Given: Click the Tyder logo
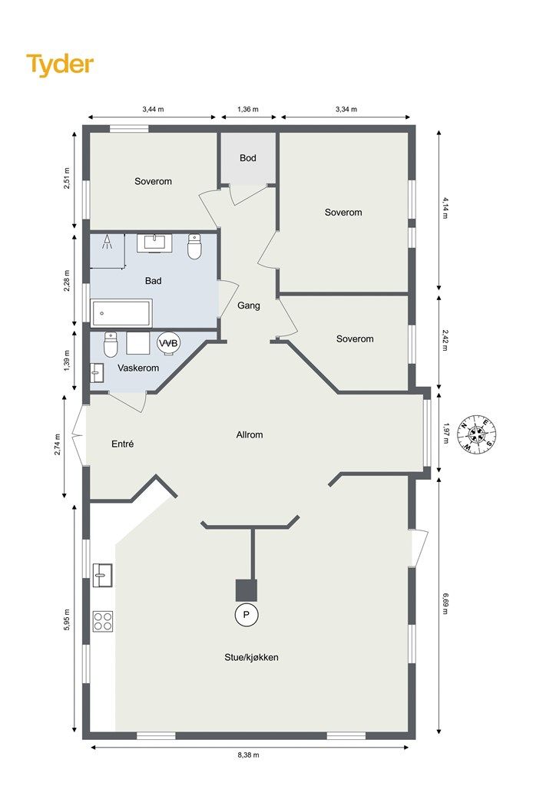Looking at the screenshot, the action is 60,65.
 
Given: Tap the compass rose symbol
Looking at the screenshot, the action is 477,434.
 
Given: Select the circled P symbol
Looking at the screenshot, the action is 247,615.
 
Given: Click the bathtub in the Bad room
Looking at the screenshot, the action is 121,313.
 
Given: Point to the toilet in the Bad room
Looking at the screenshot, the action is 194,246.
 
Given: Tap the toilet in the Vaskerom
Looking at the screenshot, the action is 111,345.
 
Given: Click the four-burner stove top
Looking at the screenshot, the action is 103,621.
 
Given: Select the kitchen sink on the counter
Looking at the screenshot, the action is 102,575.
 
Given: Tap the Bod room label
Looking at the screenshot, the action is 248,158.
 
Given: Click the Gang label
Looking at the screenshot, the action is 249,305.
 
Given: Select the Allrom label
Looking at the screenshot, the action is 249,434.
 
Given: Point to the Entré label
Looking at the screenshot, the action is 122,444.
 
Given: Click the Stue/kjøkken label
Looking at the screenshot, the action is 251,657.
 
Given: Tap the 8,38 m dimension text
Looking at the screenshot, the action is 250,755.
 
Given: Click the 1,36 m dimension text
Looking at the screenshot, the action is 248,109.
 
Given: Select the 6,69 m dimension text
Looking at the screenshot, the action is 445,603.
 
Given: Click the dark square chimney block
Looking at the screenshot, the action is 247,590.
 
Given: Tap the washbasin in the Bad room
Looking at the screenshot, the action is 154,243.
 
